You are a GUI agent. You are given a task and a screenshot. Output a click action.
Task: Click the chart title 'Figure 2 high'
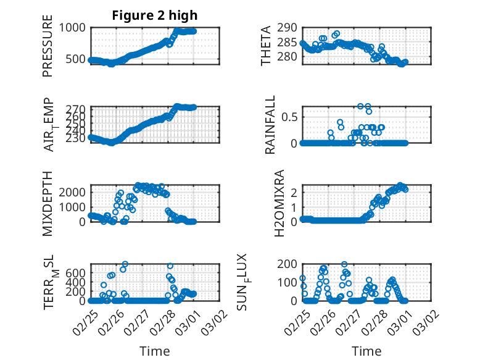click(155, 15)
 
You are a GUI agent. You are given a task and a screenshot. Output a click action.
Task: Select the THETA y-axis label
click(266, 46)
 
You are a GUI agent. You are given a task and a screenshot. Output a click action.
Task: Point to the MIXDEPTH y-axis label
click(48, 204)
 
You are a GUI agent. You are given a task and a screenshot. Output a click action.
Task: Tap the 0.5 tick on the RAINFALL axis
click(290, 117)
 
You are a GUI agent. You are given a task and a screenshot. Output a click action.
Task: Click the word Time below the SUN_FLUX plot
click(366, 351)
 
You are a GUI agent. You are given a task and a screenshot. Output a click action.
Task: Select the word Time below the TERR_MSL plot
click(155, 351)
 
